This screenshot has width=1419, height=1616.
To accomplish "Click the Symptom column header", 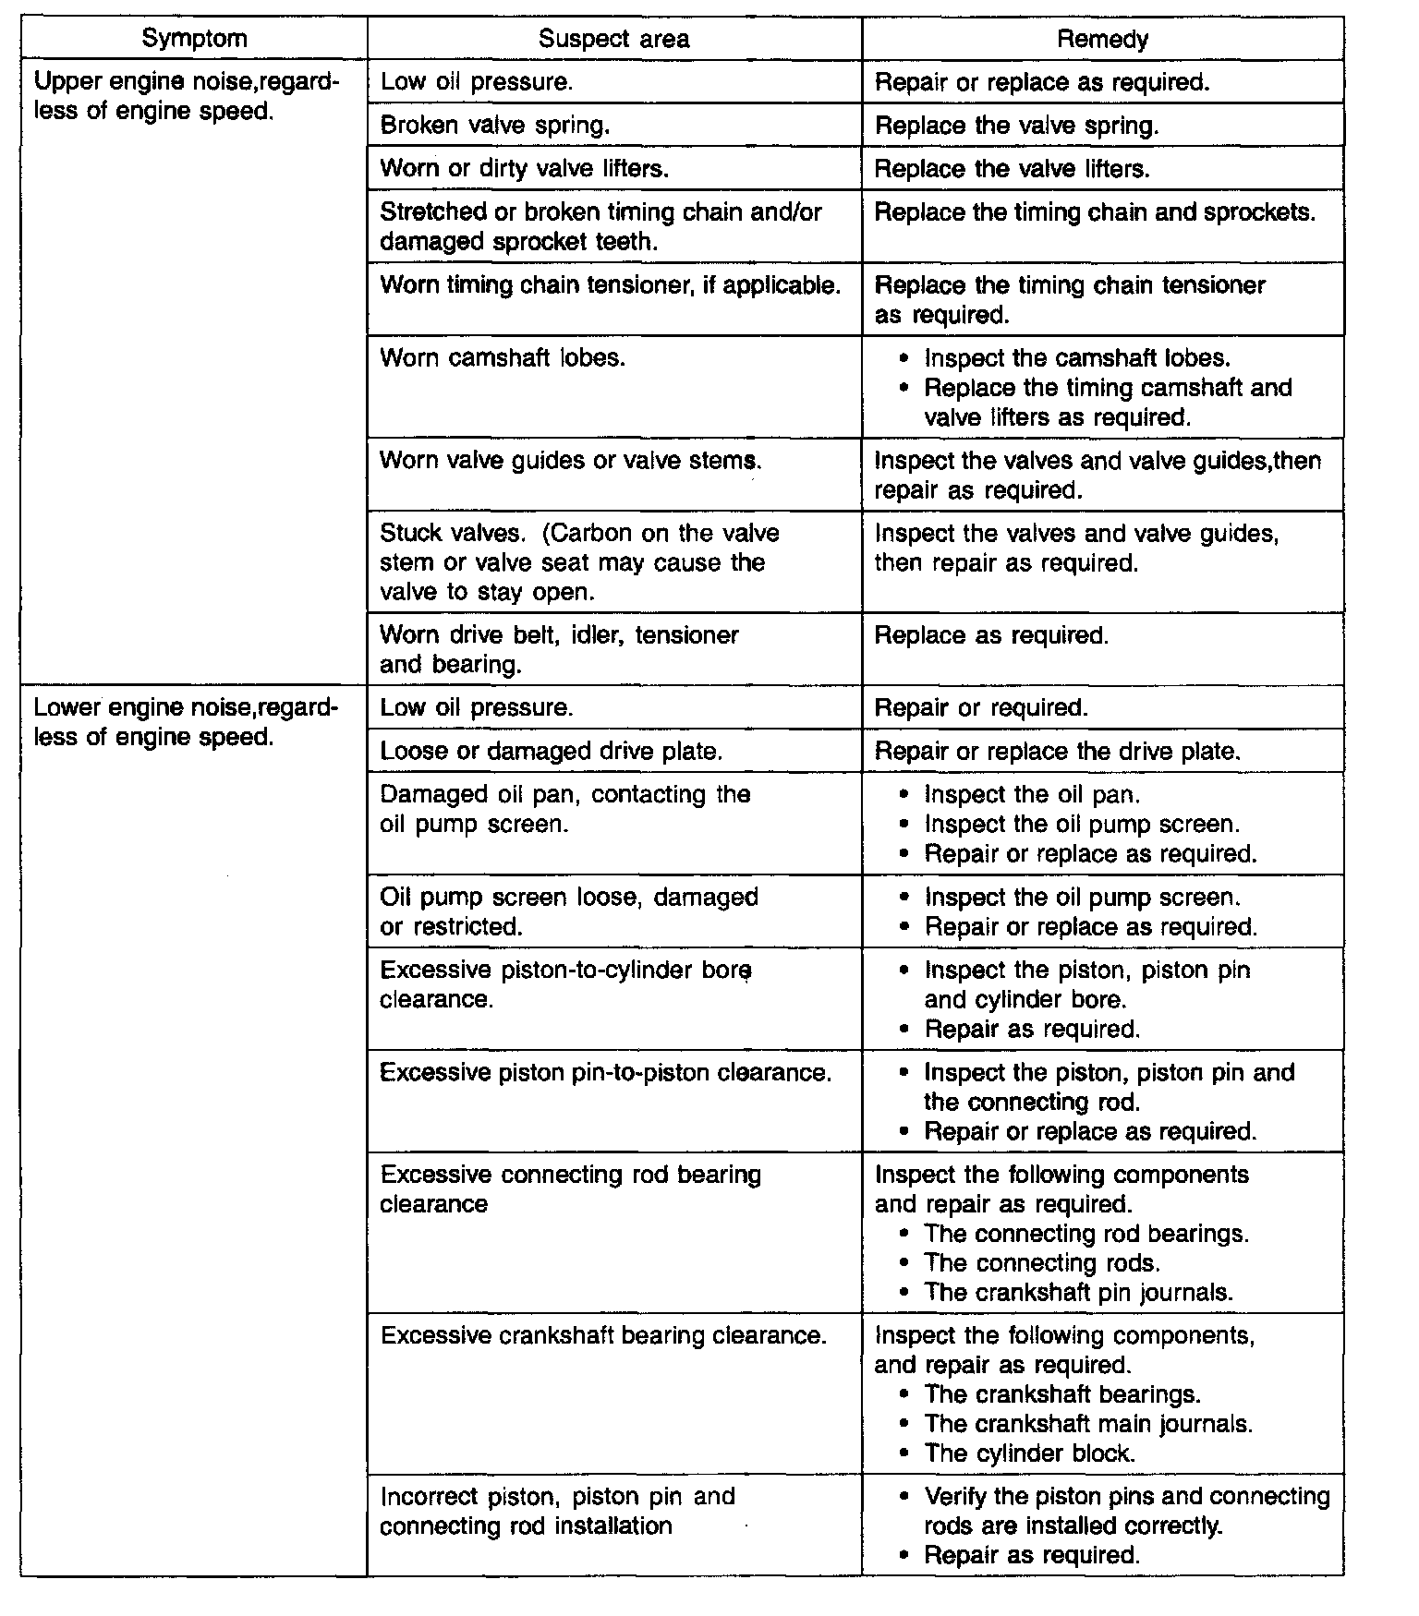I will point(194,39).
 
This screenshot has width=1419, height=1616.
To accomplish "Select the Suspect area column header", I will point(613,39).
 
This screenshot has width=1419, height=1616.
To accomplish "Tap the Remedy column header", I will point(1102,39).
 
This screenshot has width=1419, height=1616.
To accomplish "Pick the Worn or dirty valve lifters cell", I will point(524,168).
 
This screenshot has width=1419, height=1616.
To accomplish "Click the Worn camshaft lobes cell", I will point(503,358).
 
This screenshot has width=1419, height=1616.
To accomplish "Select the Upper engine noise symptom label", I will point(186,97).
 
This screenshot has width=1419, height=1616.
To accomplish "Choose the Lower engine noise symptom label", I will point(186,722).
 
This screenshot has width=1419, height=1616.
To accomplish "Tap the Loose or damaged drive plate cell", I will point(551,751).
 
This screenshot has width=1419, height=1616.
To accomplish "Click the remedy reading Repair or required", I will point(981,707).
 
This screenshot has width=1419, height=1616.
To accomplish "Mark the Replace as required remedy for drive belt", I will point(991,635).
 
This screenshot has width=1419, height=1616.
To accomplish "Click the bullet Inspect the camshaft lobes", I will point(1077,358).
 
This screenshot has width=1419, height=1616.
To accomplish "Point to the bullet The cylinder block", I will point(1029,1453).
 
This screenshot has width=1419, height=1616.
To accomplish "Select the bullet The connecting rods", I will point(1042,1262).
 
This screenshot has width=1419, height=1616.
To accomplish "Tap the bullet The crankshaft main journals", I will point(1088,1424).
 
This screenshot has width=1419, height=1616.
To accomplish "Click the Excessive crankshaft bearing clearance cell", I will point(602,1335).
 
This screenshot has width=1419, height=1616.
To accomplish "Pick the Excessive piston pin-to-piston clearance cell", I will point(605,1072).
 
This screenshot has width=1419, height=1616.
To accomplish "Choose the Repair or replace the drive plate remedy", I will point(1057,751).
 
